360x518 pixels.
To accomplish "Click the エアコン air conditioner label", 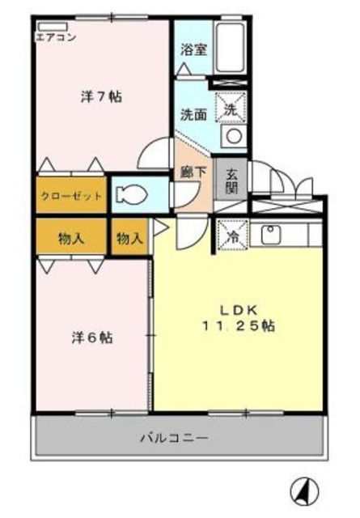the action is pos(56,36).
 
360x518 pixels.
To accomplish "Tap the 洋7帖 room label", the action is pos(101,97).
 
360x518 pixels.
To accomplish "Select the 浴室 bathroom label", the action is pos(193,49).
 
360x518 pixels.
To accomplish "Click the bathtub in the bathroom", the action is pos(230,49).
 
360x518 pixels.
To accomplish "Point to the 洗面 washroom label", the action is pos(193,115).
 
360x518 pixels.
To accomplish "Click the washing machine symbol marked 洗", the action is pos(231,108).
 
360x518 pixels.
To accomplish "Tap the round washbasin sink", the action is pos(234,136).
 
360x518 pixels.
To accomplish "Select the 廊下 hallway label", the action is pos(193,172).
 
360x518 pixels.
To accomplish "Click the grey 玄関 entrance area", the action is pos(231,180).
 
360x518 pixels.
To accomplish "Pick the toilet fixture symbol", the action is pos(131,194).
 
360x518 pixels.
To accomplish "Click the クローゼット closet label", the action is pos(71,196).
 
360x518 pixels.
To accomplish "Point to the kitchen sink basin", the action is pos(271,234).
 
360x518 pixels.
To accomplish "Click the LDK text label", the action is pos(239,310).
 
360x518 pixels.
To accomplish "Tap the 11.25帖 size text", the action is pos(239,326).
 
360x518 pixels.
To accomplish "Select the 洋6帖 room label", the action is pos(92,338).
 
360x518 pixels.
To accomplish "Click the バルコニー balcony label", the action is pos(175,438).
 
